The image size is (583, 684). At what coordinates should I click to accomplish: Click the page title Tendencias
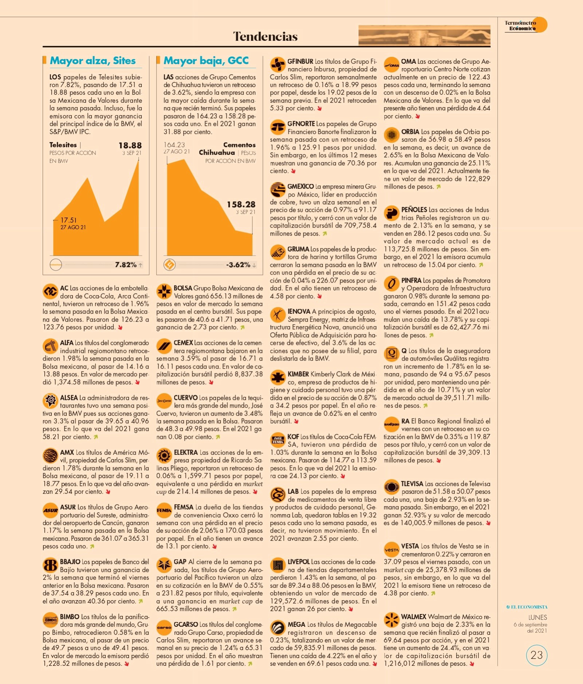(265, 36)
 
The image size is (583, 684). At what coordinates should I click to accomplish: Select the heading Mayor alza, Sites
(92, 60)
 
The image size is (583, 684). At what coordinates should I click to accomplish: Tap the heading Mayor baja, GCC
(206, 60)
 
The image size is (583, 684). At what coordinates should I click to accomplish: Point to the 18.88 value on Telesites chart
(130, 145)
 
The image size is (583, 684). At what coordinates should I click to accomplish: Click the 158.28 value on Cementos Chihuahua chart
(241, 204)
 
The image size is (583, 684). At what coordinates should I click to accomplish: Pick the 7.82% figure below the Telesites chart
(126, 265)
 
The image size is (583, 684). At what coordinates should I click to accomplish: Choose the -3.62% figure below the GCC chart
(238, 265)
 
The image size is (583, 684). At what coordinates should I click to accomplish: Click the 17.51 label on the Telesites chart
(68, 220)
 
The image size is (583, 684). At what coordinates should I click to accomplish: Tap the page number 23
(537, 655)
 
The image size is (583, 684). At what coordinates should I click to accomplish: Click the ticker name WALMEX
(413, 617)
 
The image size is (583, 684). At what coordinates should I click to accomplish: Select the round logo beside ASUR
(50, 510)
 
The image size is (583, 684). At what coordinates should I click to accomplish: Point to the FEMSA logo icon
(164, 510)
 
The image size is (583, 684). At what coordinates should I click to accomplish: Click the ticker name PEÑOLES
(414, 209)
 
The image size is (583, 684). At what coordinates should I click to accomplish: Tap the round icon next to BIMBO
(50, 620)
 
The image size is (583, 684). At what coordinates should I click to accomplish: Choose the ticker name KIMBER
(298, 374)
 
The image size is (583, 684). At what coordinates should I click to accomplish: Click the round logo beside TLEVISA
(391, 487)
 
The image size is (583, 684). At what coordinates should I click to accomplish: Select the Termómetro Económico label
(520, 25)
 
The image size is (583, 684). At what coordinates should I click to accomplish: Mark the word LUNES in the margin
(537, 617)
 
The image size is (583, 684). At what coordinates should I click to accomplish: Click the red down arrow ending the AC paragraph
(120, 327)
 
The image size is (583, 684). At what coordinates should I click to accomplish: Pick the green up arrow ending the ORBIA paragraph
(439, 187)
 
